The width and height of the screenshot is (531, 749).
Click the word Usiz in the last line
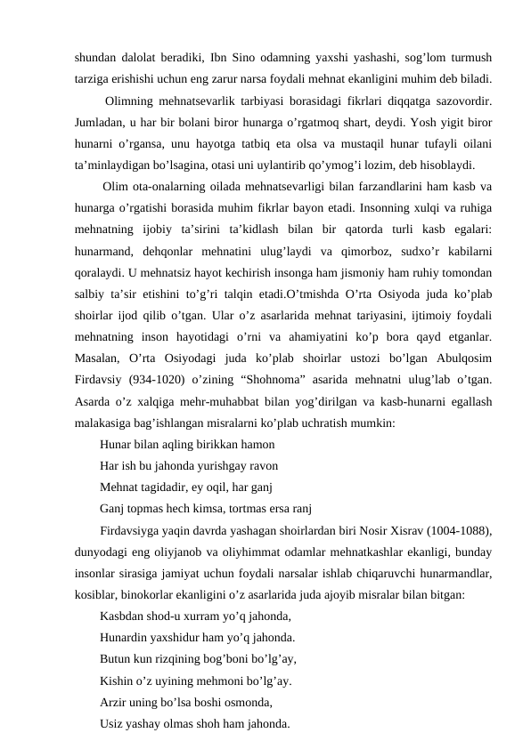[113, 724]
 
